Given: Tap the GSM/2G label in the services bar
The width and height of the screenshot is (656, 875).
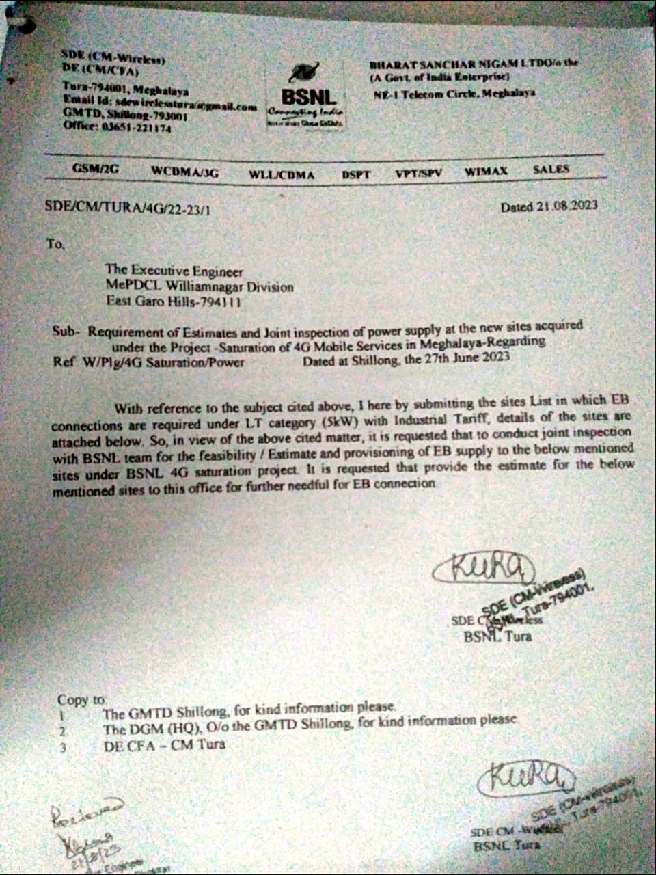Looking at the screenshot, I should pyautogui.click(x=96, y=169).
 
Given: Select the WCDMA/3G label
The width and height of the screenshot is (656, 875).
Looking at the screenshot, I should pyautogui.click(x=184, y=172).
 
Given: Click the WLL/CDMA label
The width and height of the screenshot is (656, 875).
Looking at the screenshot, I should pyautogui.click(x=282, y=174).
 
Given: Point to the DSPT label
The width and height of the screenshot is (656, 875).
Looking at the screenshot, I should pyautogui.click(x=356, y=174).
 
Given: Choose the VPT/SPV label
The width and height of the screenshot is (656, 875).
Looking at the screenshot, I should pyautogui.click(x=418, y=173).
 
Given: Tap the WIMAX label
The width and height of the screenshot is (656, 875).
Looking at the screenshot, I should pyautogui.click(x=486, y=171).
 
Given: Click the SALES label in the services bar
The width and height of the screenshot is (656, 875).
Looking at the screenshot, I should pyautogui.click(x=550, y=169).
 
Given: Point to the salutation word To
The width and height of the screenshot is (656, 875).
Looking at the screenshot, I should pyautogui.click(x=55, y=243).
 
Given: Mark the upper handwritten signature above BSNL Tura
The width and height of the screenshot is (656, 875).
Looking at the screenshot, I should pyautogui.click(x=482, y=567).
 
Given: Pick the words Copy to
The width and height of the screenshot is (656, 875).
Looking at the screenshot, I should pyautogui.click(x=81, y=699).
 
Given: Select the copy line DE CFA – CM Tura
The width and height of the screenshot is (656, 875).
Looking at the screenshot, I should pyautogui.click(x=164, y=744).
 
